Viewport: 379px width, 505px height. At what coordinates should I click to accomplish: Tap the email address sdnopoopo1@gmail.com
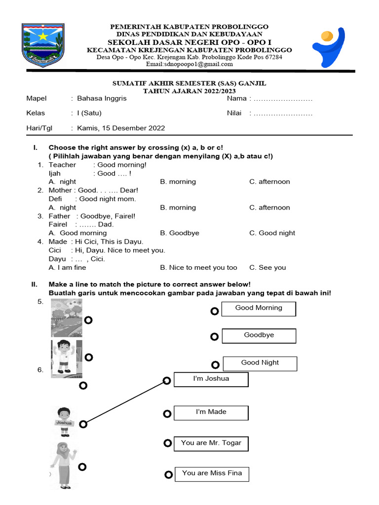point(189,64)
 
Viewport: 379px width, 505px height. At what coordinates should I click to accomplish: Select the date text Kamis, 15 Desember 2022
point(121,128)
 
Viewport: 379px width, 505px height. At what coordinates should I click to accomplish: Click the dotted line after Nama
point(282,99)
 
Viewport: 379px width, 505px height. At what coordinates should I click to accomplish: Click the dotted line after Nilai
point(282,113)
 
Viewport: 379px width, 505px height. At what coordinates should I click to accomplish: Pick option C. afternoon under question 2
point(269,208)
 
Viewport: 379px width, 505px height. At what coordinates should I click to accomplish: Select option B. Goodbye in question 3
point(180,233)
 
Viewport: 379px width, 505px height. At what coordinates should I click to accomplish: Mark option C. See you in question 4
point(267,268)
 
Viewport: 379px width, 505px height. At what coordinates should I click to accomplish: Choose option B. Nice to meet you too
point(198,268)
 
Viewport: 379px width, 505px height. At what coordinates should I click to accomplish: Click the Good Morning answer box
point(259,309)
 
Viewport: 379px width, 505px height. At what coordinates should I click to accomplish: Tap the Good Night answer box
point(260,363)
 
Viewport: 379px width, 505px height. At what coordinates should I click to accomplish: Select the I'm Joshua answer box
point(211,379)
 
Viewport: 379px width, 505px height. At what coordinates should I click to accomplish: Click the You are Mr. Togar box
point(211,443)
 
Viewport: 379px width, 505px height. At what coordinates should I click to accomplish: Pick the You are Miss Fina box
point(212,474)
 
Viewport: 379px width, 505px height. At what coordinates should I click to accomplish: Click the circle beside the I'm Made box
point(167,413)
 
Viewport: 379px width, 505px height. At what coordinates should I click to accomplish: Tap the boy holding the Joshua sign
point(64,422)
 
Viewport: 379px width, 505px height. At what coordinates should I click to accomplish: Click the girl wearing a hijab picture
point(63,466)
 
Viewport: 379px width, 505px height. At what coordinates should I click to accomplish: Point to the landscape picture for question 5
point(67,318)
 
